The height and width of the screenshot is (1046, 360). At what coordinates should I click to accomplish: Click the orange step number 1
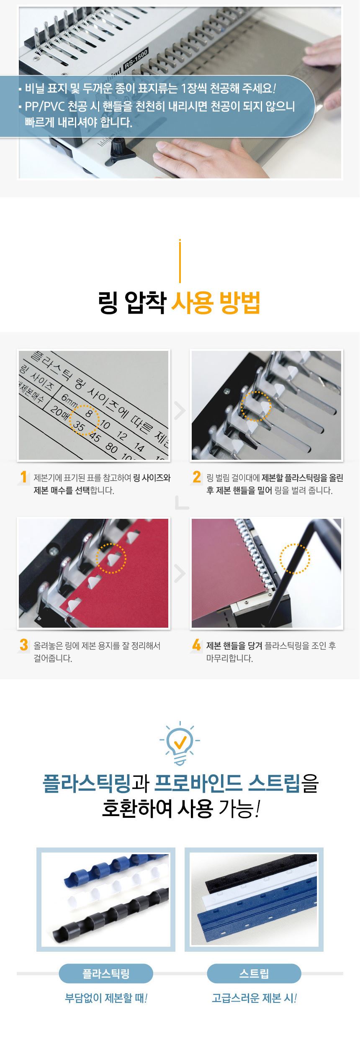(x=24, y=477)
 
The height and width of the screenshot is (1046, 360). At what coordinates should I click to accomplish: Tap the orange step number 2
(x=197, y=477)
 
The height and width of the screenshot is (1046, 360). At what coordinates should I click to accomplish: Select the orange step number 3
(x=24, y=645)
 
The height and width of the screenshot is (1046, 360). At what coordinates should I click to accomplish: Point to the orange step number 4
(x=197, y=645)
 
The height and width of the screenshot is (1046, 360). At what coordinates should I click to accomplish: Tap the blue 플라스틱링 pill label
(x=106, y=974)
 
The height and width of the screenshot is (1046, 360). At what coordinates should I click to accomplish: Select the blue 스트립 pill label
(x=254, y=974)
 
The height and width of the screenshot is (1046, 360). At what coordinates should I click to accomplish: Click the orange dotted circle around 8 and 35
(x=84, y=420)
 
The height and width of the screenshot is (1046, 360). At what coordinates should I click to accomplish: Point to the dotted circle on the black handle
(x=295, y=559)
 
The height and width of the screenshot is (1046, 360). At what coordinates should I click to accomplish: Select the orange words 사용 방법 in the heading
(x=216, y=303)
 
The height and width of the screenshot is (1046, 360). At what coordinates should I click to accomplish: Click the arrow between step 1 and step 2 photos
(x=180, y=411)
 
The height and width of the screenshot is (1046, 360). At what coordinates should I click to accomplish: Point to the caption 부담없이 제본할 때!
(x=106, y=998)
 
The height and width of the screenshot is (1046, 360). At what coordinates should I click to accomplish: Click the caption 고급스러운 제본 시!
(x=254, y=998)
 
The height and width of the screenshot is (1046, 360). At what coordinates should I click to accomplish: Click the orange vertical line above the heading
(x=180, y=261)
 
